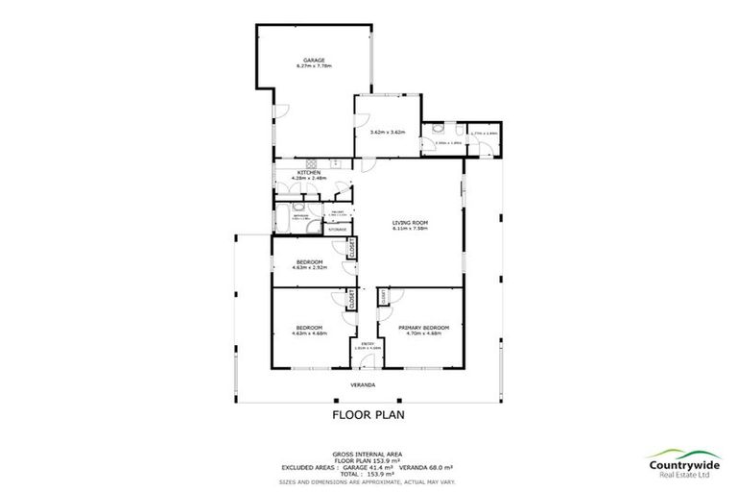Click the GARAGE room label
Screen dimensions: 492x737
(x=314, y=60)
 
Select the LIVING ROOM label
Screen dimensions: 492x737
(x=409, y=223)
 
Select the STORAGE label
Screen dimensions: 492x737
(x=337, y=230)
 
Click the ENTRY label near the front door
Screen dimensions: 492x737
(x=366, y=341)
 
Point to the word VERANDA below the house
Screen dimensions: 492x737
(x=361, y=385)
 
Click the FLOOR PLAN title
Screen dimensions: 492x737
(x=368, y=415)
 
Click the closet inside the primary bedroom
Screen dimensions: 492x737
(x=383, y=299)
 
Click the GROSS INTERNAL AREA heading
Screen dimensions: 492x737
(x=368, y=452)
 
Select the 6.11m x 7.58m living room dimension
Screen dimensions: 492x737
(x=409, y=230)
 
